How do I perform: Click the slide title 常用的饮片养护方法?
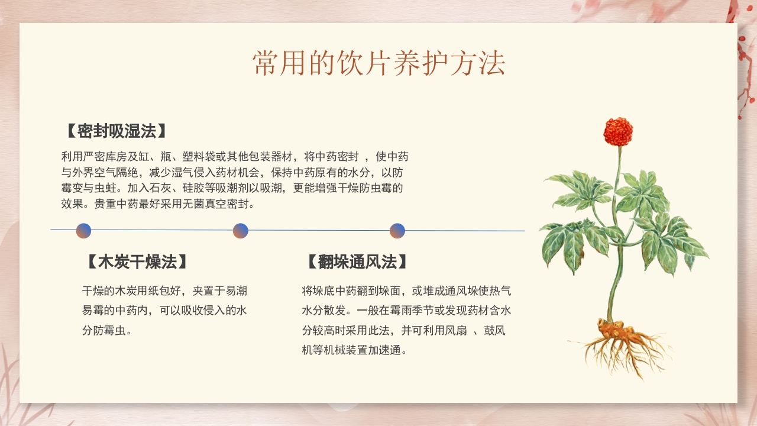tap(378, 63)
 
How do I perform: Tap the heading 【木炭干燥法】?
tap(137, 262)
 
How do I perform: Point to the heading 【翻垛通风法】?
tap(357, 262)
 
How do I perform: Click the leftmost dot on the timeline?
tap(83, 231)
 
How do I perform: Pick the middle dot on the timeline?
tap(240, 231)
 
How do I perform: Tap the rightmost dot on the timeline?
tap(397, 231)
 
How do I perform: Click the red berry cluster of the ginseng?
tap(618, 131)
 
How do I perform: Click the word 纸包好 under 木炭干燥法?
tap(164, 291)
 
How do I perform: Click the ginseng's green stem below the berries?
tap(618, 177)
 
